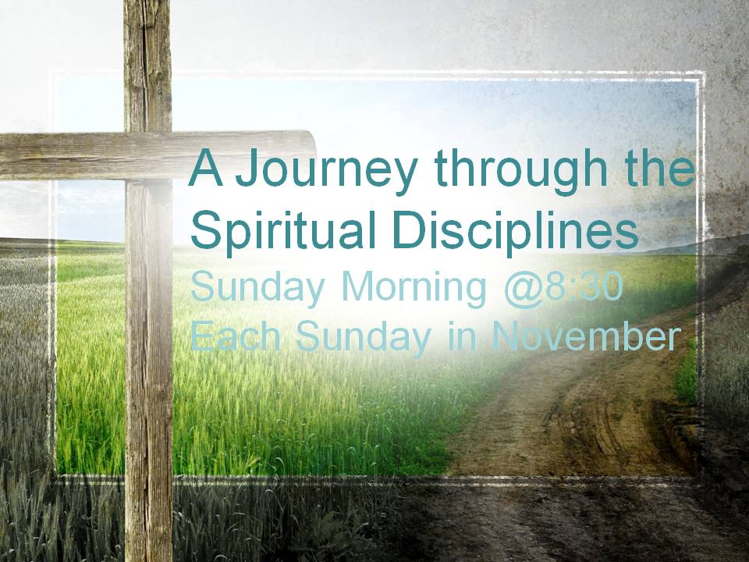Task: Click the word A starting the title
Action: tap(206, 168)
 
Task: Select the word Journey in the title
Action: tap(327, 173)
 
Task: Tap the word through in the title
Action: tap(520, 172)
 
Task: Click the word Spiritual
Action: tap(282, 231)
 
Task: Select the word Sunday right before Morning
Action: tap(257, 289)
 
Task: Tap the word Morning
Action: tap(414, 289)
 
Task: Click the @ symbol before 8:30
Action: tap(523, 289)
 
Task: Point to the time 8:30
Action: tap(584, 286)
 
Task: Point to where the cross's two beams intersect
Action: tap(148, 156)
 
